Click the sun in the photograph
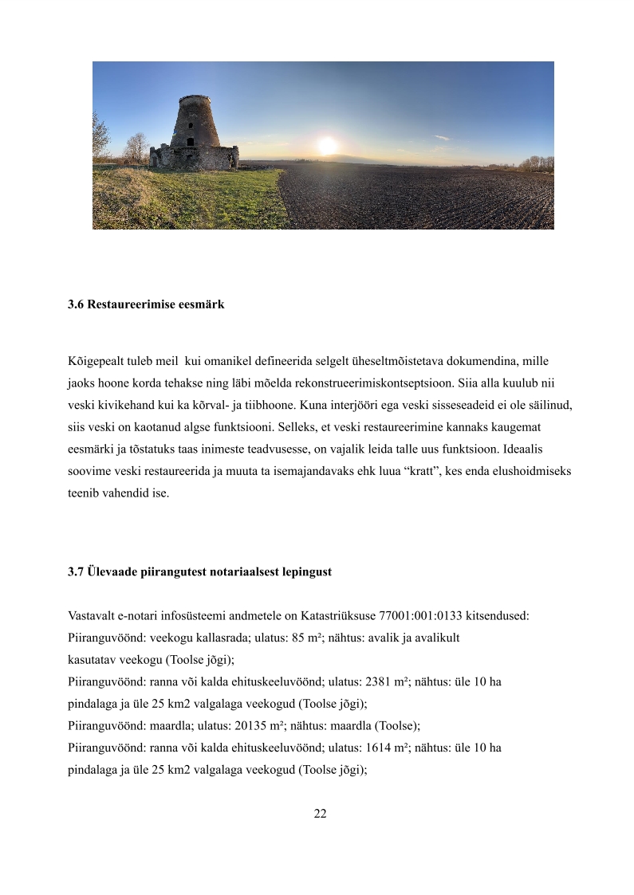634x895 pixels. tap(327, 146)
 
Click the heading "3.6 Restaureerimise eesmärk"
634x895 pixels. tap(146, 304)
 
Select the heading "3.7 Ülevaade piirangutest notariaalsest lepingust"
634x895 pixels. tap(199, 572)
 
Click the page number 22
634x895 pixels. tap(320, 814)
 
